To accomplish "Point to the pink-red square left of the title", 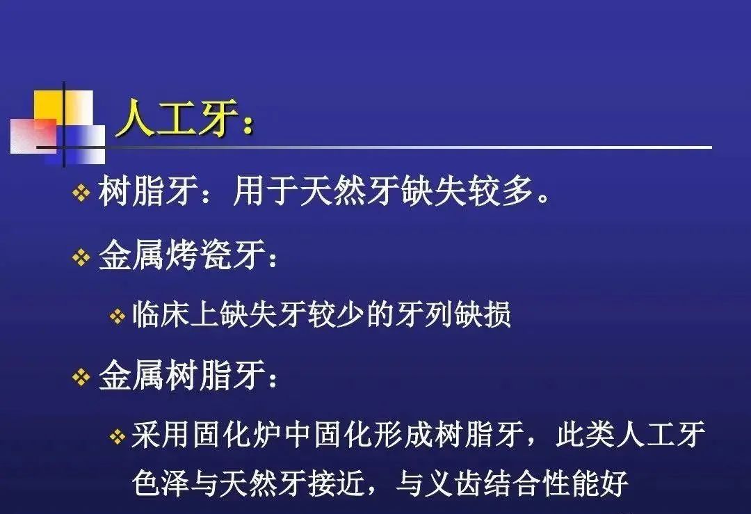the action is pyautogui.click(x=33, y=136).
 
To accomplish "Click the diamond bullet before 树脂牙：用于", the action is pyautogui.click(x=81, y=193).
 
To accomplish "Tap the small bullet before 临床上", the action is pyautogui.click(x=118, y=316).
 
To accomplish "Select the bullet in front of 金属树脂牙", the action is pyautogui.click(x=81, y=377).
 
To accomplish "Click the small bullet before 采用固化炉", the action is pyautogui.click(x=118, y=436).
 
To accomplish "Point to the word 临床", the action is pyautogui.click(x=161, y=314).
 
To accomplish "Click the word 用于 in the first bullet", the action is pyautogui.click(x=266, y=191).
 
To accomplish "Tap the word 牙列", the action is pyautogui.click(x=424, y=314).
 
